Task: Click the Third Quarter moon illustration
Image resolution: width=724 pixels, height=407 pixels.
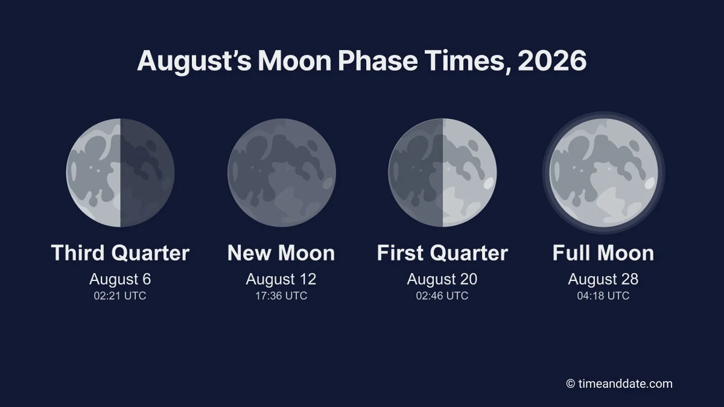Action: (120, 173)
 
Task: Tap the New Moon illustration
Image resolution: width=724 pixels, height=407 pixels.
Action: (282, 173)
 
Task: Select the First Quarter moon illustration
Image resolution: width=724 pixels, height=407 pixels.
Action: (442, 173)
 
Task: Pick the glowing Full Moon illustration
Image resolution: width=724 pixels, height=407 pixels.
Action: (603, 173)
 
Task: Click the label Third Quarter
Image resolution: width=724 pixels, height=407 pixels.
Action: (120, 253)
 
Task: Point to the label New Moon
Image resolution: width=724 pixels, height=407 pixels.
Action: (281, 253)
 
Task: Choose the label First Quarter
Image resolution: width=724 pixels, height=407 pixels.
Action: (442, 253)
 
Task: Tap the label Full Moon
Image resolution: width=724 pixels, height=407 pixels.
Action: (603, 253)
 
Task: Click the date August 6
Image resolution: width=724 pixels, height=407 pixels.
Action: (120, 279)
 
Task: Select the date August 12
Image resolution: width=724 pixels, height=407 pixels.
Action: (281, 279)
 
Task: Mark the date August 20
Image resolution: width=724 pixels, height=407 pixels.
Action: (442, 279)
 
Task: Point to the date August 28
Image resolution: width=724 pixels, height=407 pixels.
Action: (603, 279)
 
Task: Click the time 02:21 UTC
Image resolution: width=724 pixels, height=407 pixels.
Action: (120, 296)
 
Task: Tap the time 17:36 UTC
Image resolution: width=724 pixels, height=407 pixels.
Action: (281, 296)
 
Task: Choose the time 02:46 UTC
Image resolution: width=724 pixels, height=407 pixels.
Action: (442, 296)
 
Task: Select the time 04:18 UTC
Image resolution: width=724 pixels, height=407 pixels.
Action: (603, 296)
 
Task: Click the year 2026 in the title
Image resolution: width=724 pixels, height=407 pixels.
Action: (552, 61)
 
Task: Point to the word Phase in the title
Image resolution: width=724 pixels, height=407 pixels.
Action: (378, 61)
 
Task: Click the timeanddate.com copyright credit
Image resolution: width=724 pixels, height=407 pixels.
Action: (619, 384)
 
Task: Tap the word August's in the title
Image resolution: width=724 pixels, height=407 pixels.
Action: (194, 62)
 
